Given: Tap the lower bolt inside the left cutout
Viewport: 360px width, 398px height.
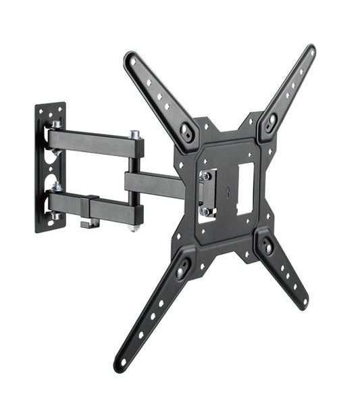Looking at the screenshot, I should click(x=205, y=211).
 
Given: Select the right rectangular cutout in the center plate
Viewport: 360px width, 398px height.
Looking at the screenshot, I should click(x=245, y=189).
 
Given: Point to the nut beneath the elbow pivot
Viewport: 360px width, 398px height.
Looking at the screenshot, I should click(x=135, y=228).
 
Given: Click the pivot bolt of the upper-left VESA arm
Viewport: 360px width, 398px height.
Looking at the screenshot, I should click(x=186, y=132).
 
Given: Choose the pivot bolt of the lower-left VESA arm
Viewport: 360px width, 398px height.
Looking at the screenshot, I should click(x=181, y=272).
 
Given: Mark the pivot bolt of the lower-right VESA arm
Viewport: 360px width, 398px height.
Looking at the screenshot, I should click(x=268, y=247).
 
